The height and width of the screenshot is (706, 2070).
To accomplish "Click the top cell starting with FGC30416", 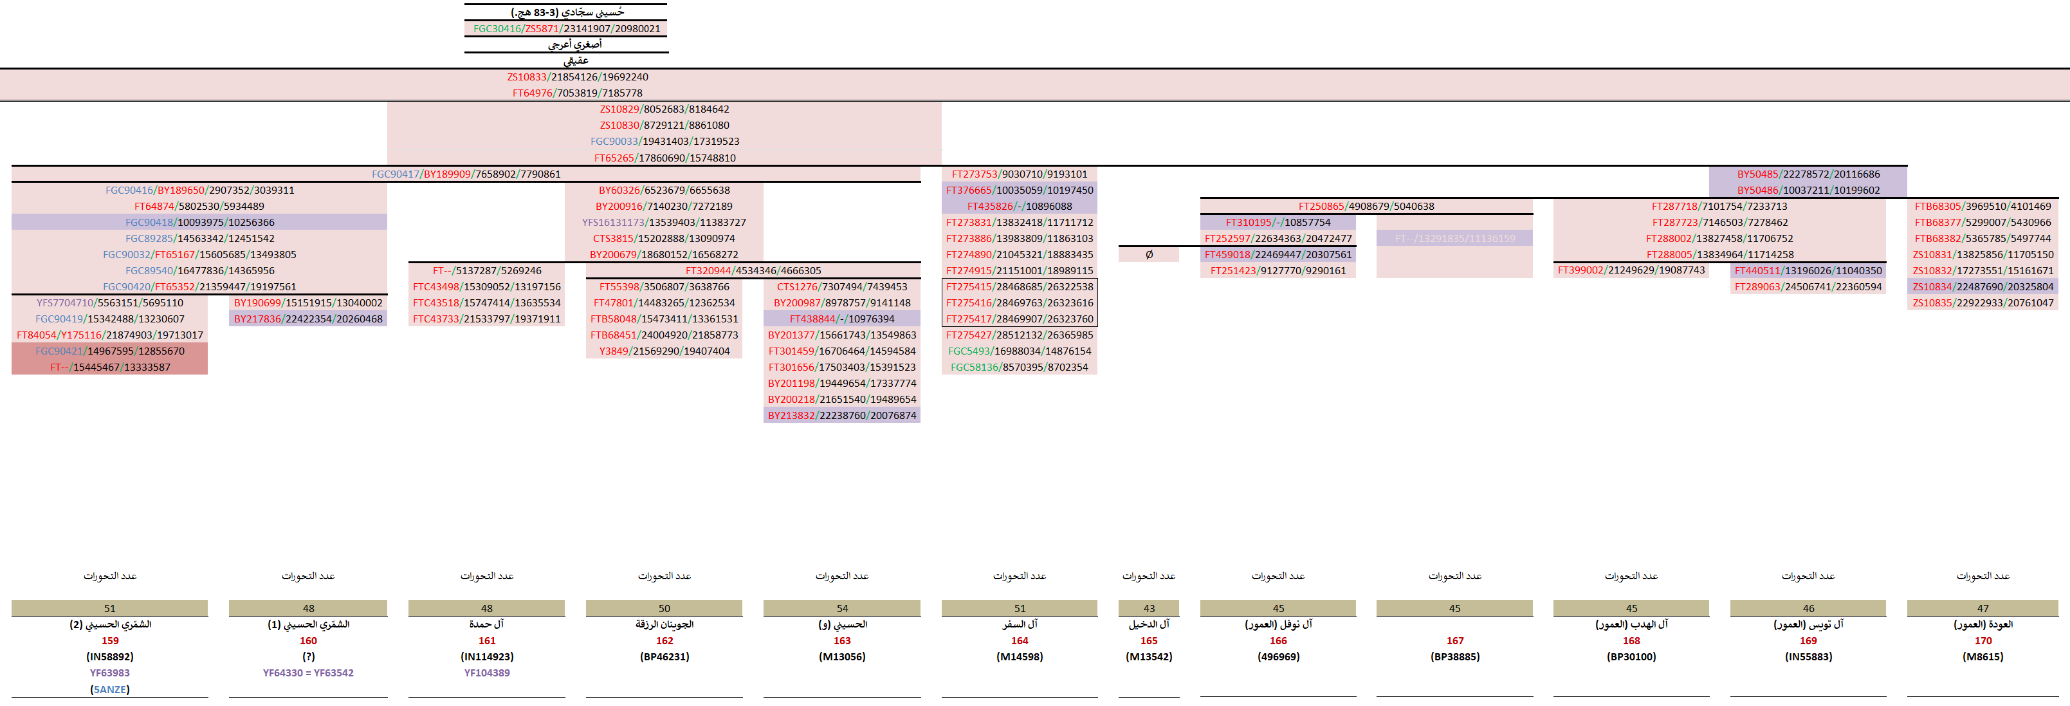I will [567, 29].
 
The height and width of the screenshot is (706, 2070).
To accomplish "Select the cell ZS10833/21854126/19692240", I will [577, 77].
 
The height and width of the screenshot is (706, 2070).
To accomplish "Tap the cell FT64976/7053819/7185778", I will [577, 93].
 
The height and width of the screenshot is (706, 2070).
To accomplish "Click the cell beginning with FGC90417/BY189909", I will [466, 174].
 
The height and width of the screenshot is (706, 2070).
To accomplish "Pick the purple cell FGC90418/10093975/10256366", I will [199, 223].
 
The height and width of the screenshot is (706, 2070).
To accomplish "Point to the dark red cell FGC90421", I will [109, 351].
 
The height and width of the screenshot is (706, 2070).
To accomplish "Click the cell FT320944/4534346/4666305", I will [753, 271].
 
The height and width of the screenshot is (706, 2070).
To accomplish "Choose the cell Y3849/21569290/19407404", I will [664, 351].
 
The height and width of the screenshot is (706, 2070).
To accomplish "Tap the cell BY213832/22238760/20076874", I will [841, 416].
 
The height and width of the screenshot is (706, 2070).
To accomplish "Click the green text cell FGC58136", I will [1019, 367].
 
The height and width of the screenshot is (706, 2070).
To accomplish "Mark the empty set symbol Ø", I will [1149, 255].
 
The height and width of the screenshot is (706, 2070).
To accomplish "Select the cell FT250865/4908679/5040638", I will [1366, 207].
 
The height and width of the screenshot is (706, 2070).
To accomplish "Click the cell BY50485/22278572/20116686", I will [1808, 174].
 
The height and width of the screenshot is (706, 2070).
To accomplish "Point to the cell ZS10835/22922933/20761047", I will [1983, 303].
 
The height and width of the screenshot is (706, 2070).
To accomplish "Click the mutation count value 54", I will [841, 609].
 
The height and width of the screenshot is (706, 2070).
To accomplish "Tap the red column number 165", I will [1149, 641].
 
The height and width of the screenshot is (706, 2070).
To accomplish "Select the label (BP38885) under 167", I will [1454, 657].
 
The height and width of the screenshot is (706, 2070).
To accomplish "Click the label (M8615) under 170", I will [1983, 657].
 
